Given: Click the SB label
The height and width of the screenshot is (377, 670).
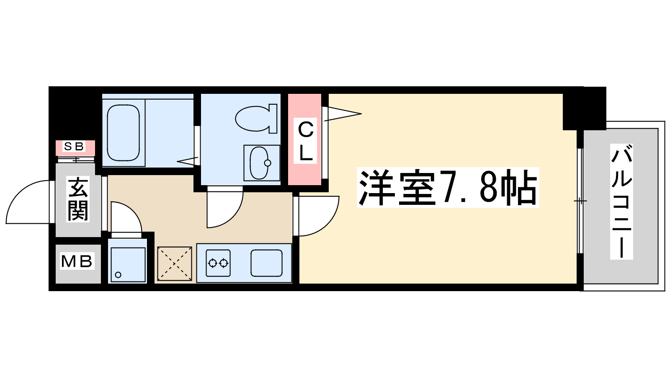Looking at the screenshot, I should point(74,147).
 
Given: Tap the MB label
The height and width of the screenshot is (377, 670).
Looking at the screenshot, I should point(77,261).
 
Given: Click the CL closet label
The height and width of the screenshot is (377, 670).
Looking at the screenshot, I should point(306,141).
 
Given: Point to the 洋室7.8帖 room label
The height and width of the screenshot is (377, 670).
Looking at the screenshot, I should point(448,188).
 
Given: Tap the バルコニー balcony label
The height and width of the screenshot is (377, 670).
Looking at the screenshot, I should point(621,201).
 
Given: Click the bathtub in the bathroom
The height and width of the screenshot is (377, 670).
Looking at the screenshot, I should point(124,132).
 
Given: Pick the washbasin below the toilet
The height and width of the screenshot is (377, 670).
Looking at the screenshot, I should point(261,163).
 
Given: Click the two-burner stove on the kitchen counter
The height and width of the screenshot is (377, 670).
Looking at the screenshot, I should point(218,263).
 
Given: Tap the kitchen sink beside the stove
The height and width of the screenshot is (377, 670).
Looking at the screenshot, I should point(266,263).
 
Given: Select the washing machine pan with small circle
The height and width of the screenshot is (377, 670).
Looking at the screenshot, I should point(128,264).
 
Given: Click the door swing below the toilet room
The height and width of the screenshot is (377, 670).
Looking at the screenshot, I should point(224,208).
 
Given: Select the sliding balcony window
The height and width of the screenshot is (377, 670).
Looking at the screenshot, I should point(580,201).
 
